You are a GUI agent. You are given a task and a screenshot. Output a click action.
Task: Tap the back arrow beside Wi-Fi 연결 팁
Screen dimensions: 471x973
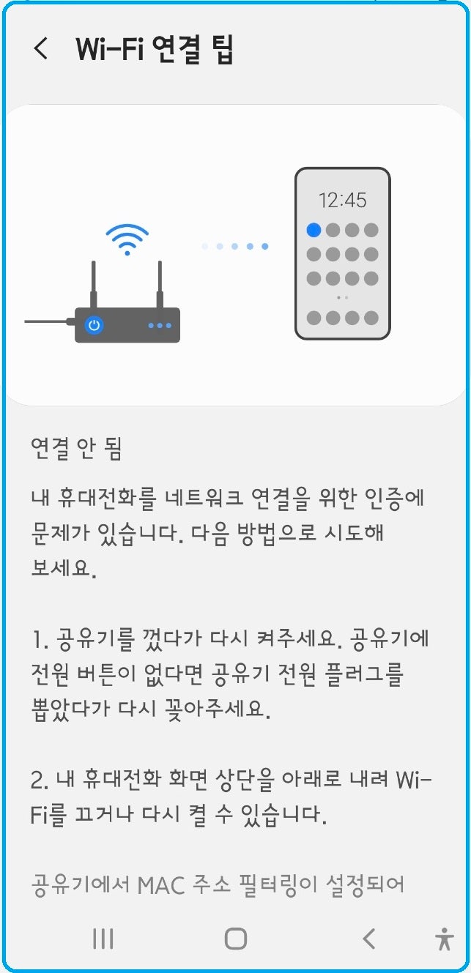(41, 48)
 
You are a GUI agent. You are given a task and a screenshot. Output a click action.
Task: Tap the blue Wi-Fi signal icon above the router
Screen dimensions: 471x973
(127, 239)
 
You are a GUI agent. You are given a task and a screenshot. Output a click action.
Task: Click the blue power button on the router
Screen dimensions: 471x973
(93, 325)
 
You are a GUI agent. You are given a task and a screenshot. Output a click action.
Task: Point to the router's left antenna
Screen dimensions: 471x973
(93, 282)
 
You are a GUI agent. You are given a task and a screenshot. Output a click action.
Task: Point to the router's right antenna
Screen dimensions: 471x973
(158, 282)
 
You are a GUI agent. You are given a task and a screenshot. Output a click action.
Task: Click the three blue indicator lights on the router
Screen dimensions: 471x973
(160, 326)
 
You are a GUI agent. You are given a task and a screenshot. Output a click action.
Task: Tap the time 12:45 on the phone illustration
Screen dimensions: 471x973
(342, 200)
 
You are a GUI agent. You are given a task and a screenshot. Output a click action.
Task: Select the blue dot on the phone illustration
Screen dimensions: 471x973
(314, 230)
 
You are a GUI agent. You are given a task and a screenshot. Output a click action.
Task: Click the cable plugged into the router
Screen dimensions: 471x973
(48, 321)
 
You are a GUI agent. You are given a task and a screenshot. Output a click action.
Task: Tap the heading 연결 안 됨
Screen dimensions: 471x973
(76, 448)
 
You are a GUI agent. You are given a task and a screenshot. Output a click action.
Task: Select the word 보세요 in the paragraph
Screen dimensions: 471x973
(64, 568)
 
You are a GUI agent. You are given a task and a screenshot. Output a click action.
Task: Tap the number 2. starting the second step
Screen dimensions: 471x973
(40, 780)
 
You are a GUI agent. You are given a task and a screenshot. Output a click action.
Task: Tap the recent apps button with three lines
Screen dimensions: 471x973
(103, 939)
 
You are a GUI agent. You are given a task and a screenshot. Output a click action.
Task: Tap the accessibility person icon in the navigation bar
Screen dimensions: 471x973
(444, 939)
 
